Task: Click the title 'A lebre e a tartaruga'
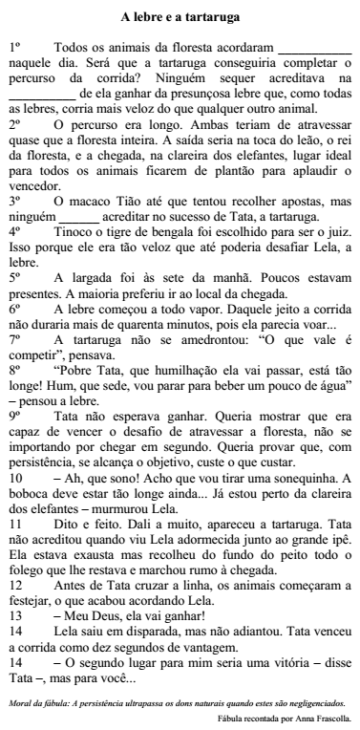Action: click(180, 16)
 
